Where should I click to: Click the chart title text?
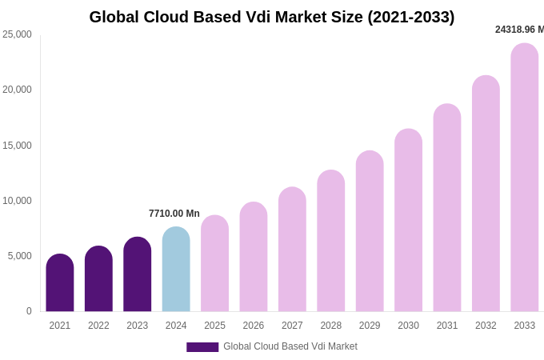point(272,17)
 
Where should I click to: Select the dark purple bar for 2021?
point(60,283)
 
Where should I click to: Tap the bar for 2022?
point(98,279)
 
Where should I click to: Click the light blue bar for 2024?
point(176,270)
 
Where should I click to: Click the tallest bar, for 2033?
point(525,178)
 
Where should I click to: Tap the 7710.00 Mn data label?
point(174,214)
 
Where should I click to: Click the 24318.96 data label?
point(518,30)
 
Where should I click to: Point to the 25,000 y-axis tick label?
point(17,34)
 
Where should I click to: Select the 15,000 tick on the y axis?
point(17,146)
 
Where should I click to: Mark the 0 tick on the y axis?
point(29,311)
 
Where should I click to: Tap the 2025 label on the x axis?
point(214,326)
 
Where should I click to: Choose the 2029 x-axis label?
point(370,326)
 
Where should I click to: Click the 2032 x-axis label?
point(486,326)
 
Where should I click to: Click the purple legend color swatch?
point(202,347)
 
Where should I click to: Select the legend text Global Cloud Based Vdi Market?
point(290,346)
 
